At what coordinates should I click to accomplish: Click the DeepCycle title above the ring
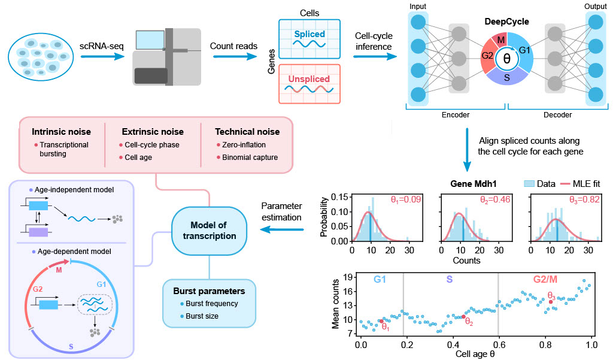506,22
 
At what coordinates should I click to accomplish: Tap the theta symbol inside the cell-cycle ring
506,59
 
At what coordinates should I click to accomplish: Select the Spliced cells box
309,39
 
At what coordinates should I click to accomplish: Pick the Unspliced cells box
309,84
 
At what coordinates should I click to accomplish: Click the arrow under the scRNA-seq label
102,56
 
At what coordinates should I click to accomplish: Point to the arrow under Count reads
235,56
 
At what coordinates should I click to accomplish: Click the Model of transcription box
209,231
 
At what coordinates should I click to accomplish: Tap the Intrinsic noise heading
62,132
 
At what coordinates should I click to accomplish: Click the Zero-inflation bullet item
241,145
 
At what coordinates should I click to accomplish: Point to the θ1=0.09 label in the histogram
406,199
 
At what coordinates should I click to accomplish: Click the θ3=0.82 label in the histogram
584,199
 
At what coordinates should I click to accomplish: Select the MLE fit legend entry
580,183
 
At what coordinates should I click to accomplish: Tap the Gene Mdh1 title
474,183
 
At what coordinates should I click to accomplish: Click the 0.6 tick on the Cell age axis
499,345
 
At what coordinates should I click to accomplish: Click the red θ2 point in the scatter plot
464,316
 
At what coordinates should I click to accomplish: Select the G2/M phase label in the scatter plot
545,279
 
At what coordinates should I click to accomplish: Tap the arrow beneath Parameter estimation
282,229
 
